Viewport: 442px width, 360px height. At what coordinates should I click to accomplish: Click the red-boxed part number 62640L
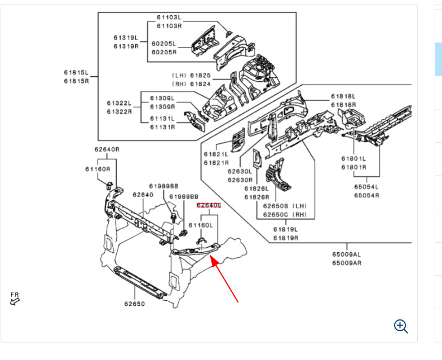click(x=209, y=206)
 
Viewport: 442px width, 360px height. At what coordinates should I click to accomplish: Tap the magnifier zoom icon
click(x=401, y=326)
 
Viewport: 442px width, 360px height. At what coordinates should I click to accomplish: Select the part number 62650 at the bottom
click(x=135, y=304)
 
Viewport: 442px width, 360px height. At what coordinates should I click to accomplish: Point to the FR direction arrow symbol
click(x=15, y=301)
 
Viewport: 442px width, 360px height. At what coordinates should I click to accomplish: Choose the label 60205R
click(x=163, y=52)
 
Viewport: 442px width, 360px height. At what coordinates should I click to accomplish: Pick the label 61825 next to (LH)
click(x=200, y=75)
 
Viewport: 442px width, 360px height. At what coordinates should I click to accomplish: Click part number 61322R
click(x=119, y=111)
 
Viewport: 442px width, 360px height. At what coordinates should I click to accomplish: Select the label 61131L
click(x=162, y=118)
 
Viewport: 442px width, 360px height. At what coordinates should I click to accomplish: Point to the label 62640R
click(x=107, y=150)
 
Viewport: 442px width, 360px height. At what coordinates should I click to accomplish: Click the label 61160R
click(x=98, y=169)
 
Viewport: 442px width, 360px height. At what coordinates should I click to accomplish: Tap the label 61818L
click(x=343, y=96)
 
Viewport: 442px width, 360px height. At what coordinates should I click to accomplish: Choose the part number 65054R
click(x=366, y=195)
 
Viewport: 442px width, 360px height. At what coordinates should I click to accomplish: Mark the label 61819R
click(x=286, y=238)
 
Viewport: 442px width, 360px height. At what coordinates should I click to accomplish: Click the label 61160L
click(x=201, y=225)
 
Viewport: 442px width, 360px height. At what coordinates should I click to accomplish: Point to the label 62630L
click(x=240, y=172)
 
